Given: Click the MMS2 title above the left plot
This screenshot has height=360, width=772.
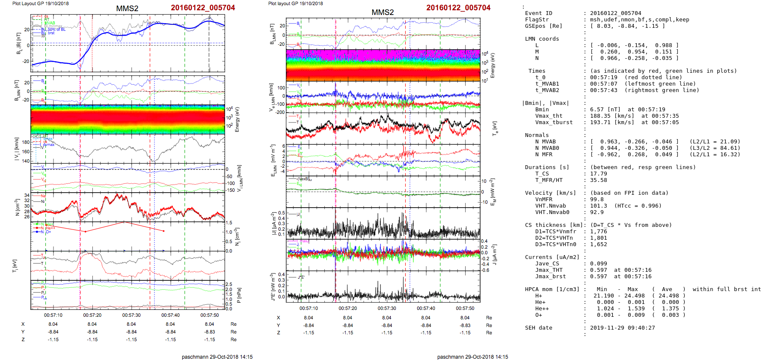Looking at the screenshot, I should [x=127, y=9].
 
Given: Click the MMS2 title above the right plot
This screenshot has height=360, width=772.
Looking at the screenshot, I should [x=383, y=12].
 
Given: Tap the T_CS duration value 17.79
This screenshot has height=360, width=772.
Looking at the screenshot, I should [x=599, y=174].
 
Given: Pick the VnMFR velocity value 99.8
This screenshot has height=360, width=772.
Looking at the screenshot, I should [x=597, y=199].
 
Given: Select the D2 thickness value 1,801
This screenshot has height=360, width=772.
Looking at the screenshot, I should [x=599, y=238].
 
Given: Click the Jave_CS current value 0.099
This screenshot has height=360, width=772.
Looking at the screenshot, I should [x=599, y=264].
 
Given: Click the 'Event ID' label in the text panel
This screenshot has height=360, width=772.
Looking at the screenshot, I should [x=538, y=13].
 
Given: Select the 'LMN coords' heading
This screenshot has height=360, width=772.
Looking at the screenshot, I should [x=542, y=39].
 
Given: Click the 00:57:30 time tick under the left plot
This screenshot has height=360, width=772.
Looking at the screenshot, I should [x=131, y=315].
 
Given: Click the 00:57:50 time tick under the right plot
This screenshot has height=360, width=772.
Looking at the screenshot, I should [x=465, y=308].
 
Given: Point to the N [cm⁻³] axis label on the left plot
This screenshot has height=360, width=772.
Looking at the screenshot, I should [x=18, y=208].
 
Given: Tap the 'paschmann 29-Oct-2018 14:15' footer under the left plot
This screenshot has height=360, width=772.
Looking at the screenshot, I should [x=217, y=357].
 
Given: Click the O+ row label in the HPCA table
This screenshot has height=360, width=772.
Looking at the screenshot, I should [x=538, y=315].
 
